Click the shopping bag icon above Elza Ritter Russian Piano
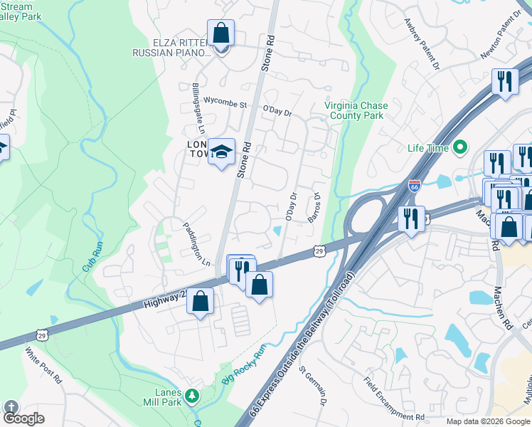220,33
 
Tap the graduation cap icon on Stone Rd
222,152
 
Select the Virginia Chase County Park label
354,110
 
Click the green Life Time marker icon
460,148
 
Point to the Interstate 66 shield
415,186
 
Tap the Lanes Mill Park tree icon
191,395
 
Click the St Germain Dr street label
313,387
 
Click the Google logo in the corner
23,418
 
